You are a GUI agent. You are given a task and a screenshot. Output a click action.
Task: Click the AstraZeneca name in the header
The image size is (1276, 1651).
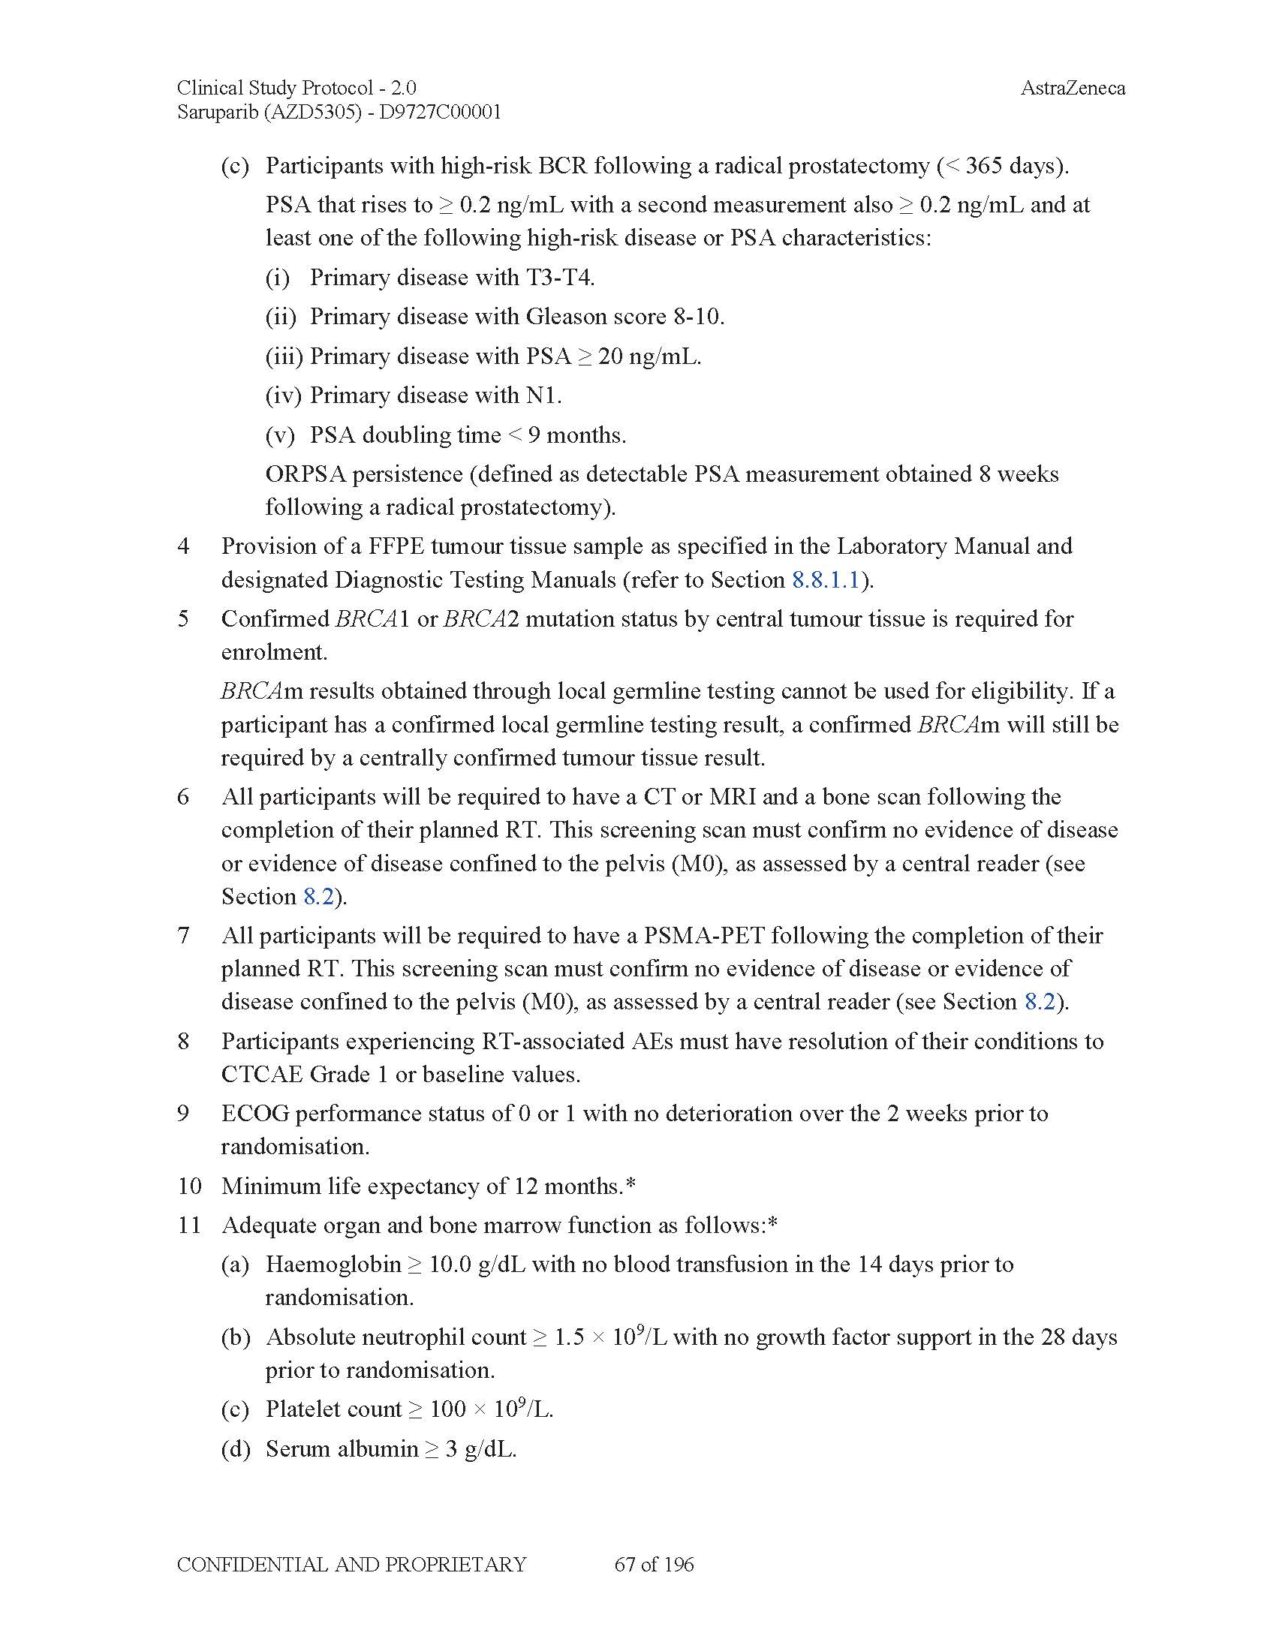pyautogui.click(x=1072, y=88)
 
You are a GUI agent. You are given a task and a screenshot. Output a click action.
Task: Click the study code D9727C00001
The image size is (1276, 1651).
pyautogui.click(x=440, y=113)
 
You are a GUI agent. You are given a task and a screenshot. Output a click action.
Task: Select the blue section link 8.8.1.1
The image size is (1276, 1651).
pyautogui.click(x=826, y=580)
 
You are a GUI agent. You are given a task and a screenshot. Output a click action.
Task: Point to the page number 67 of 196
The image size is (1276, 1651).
pyautogui.click(x=654, y=1564)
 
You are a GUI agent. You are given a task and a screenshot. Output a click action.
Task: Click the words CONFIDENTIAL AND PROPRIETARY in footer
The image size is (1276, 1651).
pyautogui.click(x=351, y=1564)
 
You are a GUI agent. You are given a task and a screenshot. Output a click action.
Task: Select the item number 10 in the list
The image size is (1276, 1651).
pyautogui.click(x=189, y=1185)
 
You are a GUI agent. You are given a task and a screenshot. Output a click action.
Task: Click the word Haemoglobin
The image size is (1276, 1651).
pyautogui.click(x=333, y=1264)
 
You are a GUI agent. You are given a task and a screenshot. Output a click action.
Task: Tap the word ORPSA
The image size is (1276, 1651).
pyautogui.click(x=305, y=474)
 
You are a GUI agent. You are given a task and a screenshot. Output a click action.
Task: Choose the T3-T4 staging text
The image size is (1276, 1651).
pyautogui.click(x=559, y=278)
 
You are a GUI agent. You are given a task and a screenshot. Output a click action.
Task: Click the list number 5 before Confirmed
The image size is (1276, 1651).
pyautogui.click(x=183, y=618)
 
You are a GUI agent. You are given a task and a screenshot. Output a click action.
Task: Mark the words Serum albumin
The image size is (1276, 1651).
pyautogui.click(x=342, y=1448)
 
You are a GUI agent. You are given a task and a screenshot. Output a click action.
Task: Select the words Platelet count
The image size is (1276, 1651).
pyautogui.click(x=333, y=1409)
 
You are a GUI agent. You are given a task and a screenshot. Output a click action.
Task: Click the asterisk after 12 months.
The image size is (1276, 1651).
pyautogui.click(x=630, y=1183)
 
